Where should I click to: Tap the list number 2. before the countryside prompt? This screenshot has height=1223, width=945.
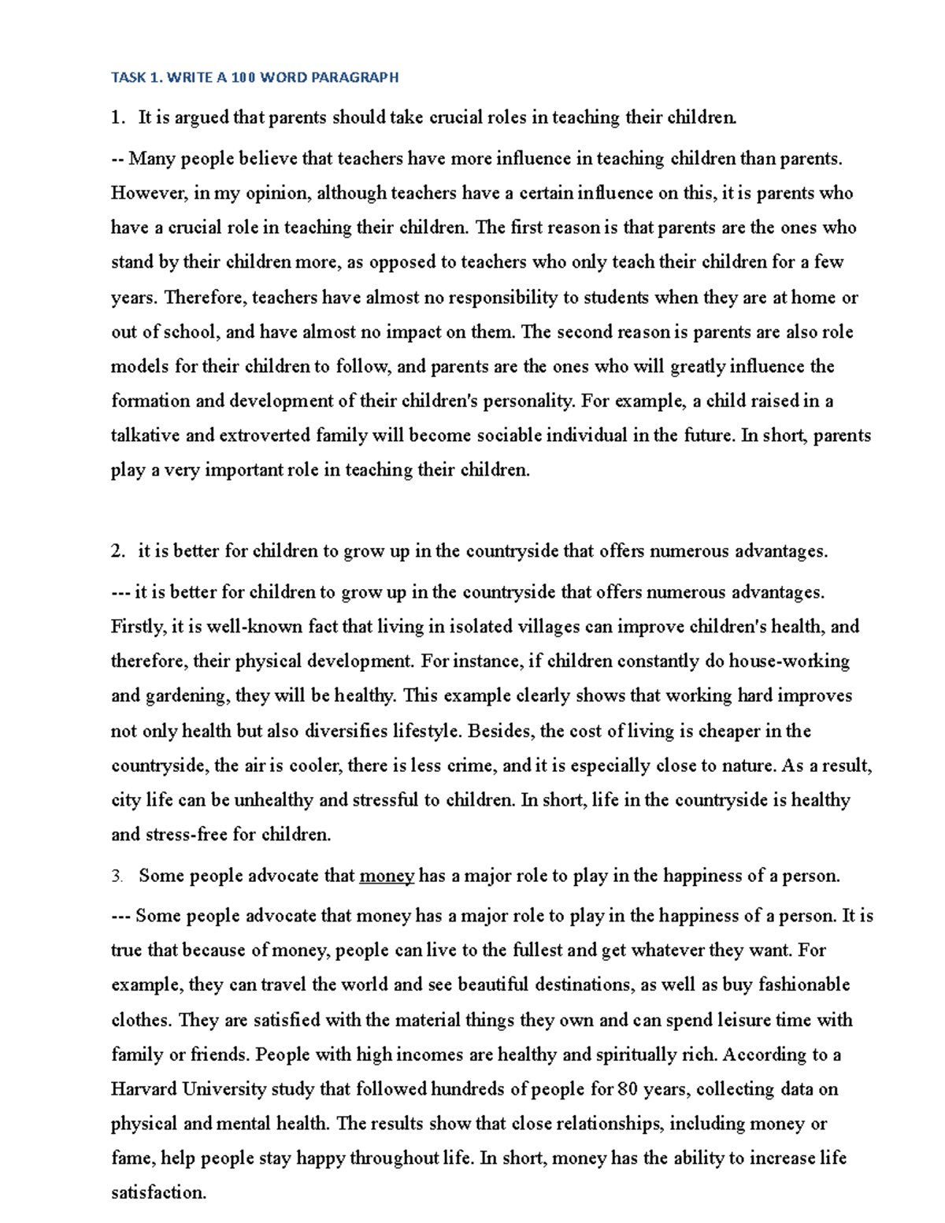pos(118,551)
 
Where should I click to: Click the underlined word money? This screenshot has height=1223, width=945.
pos(386,876)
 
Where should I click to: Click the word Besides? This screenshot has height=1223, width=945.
pos(501,731)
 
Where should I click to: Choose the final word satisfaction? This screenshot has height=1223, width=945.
pos(158,1192)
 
